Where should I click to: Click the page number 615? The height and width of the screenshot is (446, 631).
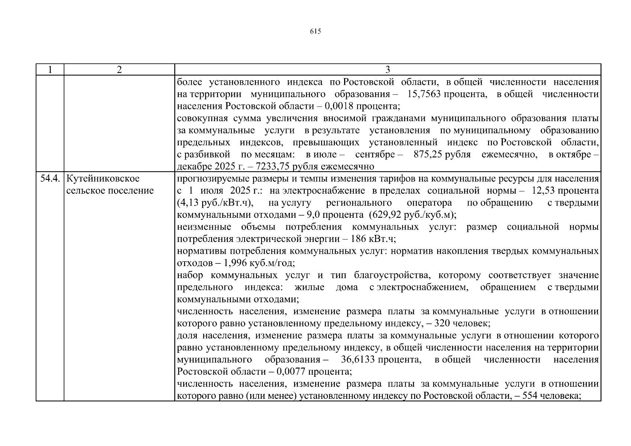tap(315, 32)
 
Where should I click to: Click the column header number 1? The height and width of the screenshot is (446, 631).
tap(50, 70)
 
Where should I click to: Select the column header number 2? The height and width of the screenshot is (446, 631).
tap(119, 70)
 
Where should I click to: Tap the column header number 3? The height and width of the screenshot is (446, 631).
tap(388, 70)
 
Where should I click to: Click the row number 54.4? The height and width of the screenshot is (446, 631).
tap(50, 179)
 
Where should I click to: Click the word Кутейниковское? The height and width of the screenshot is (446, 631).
tap(103, 179)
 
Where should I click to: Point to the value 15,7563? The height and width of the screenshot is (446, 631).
tap(424, 94)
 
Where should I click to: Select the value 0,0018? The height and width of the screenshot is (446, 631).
tap(339, 106)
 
